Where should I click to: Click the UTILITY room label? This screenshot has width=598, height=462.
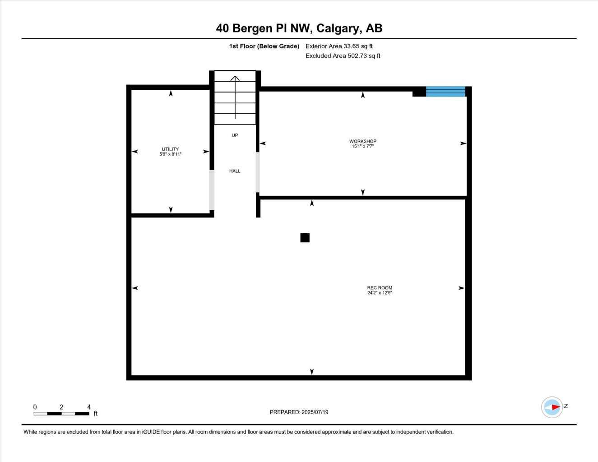coord(170,149)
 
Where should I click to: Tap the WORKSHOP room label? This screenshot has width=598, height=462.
coord(362,141)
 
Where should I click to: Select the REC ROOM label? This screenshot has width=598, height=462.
coord(380,288)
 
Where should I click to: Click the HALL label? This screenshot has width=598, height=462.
coord(235,171)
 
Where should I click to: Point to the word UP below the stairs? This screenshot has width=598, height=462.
coord(235,135)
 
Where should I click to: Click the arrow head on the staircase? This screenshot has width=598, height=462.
coord(235,79)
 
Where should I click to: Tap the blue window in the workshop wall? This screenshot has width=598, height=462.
coord(445,91)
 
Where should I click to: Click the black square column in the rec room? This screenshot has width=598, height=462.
coord(305,238)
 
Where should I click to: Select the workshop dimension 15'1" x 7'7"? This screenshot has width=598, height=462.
coord(363,146)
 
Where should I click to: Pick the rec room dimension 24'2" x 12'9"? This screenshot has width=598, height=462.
coord(380,293)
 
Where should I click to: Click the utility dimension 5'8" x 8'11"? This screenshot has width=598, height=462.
coord(170,154)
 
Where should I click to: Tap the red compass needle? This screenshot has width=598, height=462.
coord(556,407)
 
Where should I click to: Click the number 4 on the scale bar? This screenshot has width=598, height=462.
coord(89,407)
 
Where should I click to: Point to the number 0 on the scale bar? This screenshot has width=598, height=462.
coord(35,407)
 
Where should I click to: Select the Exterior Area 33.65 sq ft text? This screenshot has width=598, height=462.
coord(339,46)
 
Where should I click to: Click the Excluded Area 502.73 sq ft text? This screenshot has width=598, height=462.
coord(343,56)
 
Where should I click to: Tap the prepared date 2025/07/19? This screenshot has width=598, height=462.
coord(315,412)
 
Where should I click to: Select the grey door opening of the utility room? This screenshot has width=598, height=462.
coord(212,190)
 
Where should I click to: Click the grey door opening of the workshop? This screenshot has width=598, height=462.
coord(258,172)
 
